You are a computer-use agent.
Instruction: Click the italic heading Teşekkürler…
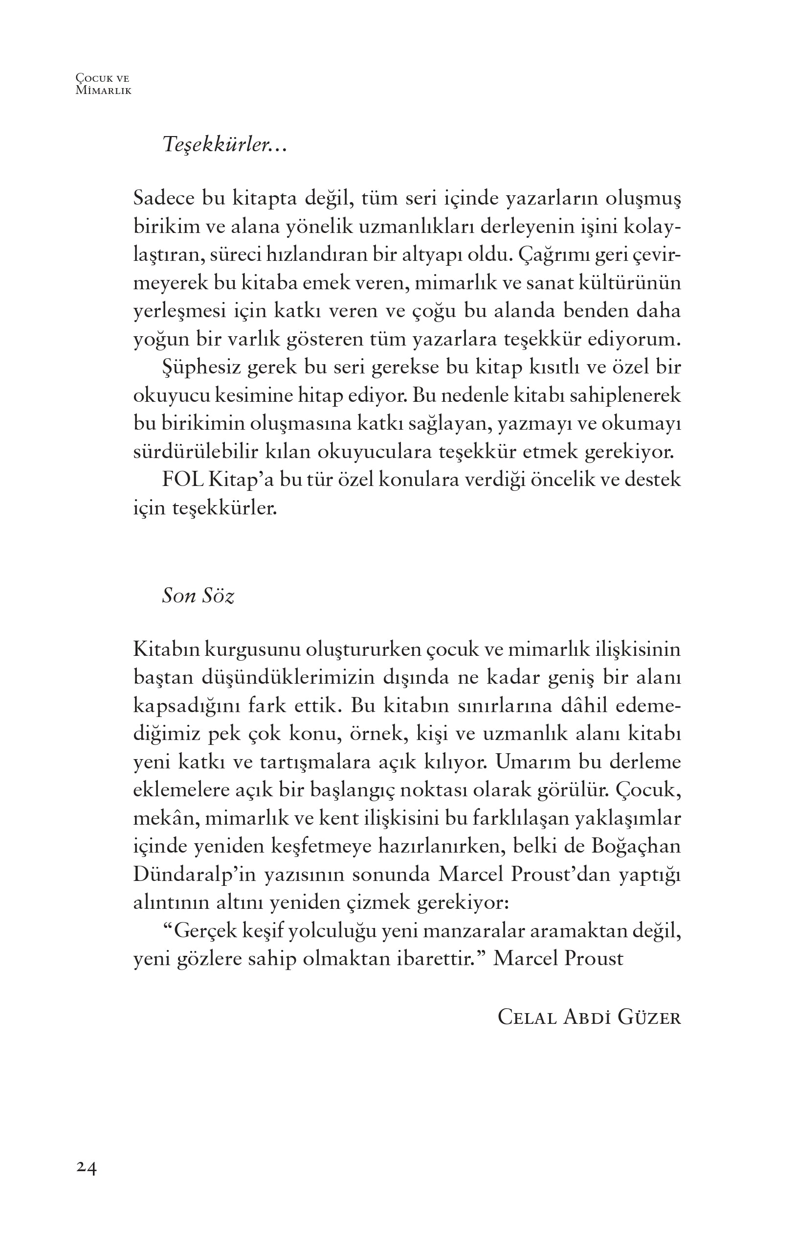point(224,145)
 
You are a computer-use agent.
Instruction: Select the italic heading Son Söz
point(198,596)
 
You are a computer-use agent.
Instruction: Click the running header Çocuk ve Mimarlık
point(103,84)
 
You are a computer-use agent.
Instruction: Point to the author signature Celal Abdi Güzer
point(589,1018)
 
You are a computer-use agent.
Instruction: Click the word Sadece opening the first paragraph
point(164,199)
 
